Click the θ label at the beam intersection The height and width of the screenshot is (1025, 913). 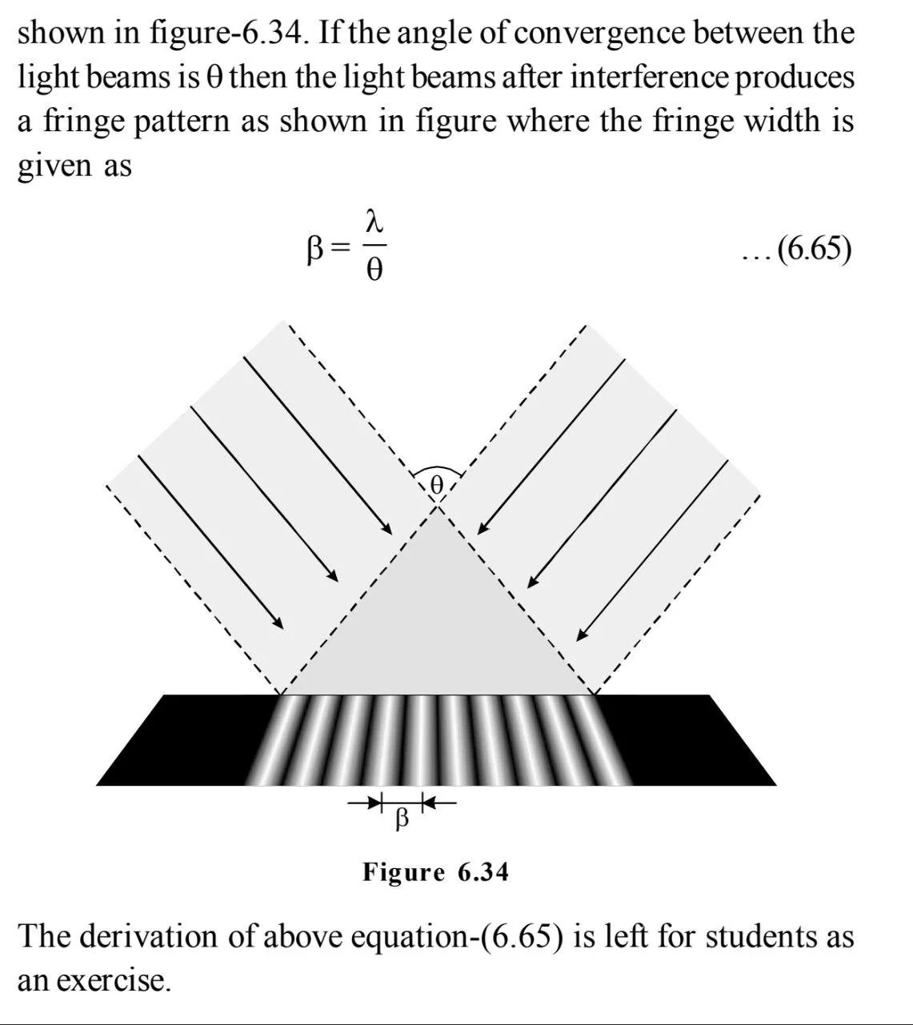(436, 484)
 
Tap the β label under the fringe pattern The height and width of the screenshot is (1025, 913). (402, 819)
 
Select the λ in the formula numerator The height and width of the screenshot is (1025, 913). (373, 219)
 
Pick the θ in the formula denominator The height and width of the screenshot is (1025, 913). (374, 270)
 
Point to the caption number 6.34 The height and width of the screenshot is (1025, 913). (483, 871)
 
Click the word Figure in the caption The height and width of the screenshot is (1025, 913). (403, 871)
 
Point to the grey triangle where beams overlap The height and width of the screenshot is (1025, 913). (437, 624)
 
